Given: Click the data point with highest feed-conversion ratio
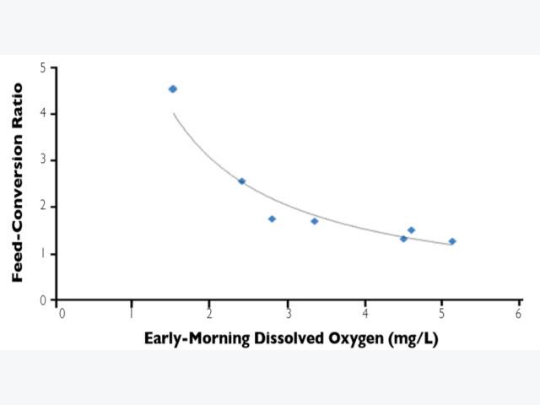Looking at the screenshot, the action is (173, 89).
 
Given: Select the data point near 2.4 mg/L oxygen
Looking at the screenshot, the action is (242, 181).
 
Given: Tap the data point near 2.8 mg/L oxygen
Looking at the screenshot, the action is (272, 219).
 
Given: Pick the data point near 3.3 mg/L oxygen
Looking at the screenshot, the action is (315, 221).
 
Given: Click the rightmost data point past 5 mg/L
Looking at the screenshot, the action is (452, 241).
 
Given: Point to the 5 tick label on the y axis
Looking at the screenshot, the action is (43, 67).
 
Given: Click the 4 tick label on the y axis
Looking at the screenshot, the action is (43, 113).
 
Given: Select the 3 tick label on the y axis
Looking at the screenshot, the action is (43, 159).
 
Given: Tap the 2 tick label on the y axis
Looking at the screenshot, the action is (43, 206).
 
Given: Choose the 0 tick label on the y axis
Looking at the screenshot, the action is (43, 300).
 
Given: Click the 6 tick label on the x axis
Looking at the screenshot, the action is (519, 313).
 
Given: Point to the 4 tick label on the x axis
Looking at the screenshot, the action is (365, 313).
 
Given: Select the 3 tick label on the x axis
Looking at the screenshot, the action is (289, 313).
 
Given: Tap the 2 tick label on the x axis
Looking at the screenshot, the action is (209, 313).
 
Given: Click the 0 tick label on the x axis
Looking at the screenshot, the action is (62, 313).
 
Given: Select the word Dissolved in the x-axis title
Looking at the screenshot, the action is (289, 337).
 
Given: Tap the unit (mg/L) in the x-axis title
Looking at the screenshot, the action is (413, 339).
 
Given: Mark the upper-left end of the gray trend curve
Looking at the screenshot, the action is (174, 113).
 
